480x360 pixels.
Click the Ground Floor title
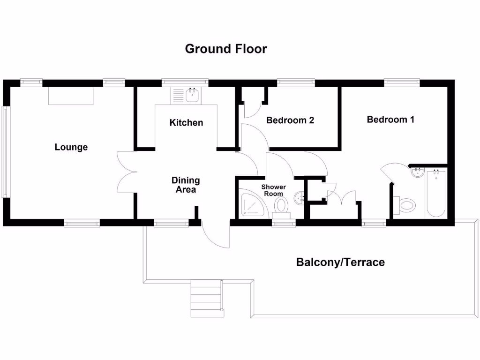pos(226,49)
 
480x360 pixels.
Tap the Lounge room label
pos(71,147)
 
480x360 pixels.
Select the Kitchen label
pos(186,123)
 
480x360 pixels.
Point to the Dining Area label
pos(186,185)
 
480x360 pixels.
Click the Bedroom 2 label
pos(290,120)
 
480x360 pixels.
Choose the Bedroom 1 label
pos(390,120)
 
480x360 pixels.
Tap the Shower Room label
pos(273,190)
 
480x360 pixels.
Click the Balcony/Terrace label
pos(340,262)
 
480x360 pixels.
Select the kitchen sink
pos(192,96)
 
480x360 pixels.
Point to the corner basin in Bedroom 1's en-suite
pos(417,173)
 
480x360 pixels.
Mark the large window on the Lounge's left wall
pos(5,152)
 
